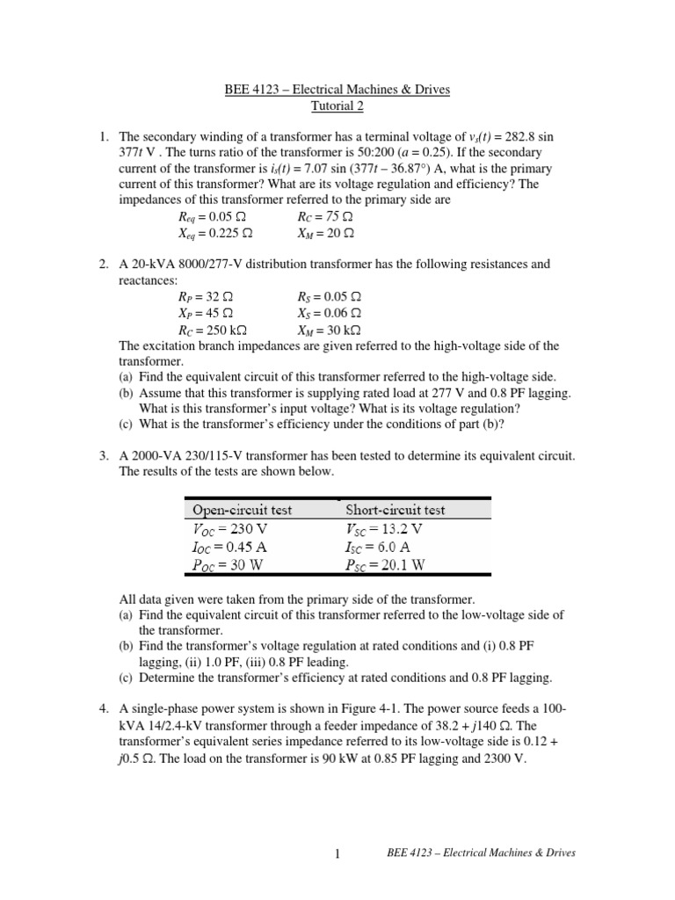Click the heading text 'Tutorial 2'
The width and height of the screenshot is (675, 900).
tap(337, 106)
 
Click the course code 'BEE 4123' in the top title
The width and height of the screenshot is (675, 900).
tap(243, 91)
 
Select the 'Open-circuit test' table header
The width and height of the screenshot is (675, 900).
tap(243, 510)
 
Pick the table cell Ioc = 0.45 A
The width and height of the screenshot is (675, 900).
tap(231, 547)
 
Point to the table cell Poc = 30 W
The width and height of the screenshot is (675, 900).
tap(226, 565)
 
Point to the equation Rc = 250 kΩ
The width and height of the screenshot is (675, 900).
tap(212, 330)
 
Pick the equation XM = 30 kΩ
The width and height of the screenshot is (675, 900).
tap(330, 330)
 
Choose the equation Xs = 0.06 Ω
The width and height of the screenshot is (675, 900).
tap(330, 314)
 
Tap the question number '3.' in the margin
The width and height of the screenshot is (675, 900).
tap(104, 455)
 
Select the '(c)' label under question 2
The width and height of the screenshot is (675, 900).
tap(127, 424)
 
